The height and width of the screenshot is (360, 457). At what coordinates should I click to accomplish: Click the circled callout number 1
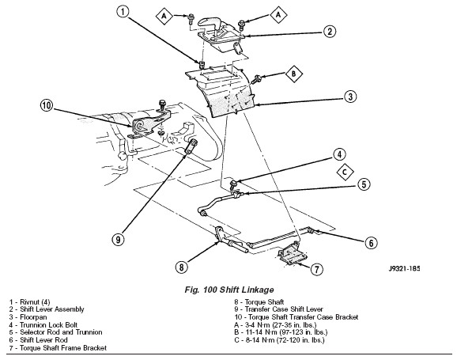(123, 12)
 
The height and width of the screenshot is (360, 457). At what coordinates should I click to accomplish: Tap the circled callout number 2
(330, 32)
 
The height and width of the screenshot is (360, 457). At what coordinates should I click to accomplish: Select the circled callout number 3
(350, 97)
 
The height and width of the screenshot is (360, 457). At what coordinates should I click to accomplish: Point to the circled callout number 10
(47, 105)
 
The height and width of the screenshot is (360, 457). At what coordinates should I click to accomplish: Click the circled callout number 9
(118, 240)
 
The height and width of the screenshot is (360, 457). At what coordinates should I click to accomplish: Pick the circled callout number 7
(317, 269)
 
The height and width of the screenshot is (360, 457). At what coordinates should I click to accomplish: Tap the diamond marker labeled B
(293, 74)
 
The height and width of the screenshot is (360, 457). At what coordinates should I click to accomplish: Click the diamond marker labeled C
(345, 172)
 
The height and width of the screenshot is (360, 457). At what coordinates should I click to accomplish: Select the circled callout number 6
(371, 243)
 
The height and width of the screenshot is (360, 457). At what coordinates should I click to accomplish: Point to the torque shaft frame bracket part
(292, 256)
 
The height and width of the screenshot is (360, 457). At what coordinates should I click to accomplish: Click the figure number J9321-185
(404, 268)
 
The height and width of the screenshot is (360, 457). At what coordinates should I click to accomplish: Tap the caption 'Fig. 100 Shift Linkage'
(229, 290)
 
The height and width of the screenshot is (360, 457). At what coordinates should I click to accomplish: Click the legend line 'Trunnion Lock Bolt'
(43, 324)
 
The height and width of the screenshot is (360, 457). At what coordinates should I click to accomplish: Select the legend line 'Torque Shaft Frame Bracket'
(58, 348)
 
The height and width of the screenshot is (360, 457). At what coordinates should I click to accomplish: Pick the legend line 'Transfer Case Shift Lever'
(278, 309)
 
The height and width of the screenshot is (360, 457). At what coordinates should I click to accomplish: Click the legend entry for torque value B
(281, 332)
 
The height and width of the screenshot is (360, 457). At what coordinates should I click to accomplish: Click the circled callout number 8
(181, 267)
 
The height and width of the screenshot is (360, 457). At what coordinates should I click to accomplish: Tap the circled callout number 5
(364, 184)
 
